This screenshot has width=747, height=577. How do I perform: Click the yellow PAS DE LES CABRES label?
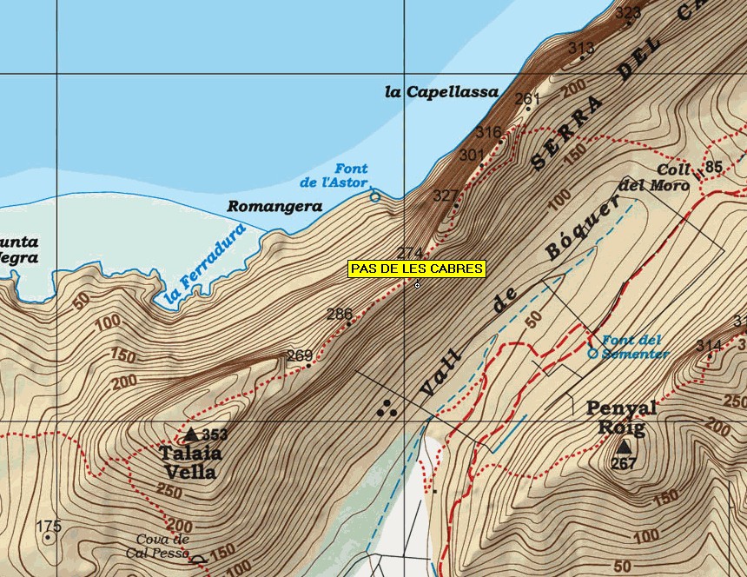(417, 269)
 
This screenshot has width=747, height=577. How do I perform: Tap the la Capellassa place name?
(441, 92)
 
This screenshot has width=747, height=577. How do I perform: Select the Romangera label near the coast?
(274, 207)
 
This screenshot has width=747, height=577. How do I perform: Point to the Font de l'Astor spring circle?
(375, 197)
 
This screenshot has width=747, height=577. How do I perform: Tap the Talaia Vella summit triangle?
(190, 433)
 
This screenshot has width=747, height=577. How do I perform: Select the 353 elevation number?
(215, 434)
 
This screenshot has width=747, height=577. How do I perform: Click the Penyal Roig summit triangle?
(624, 447)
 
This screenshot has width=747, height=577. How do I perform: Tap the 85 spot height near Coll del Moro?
(714, 167)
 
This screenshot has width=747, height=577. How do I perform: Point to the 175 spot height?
(50, 526)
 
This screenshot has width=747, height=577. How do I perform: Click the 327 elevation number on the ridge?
(445, 196)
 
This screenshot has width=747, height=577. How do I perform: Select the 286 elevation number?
(340, 314)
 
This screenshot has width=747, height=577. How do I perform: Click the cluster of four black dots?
(387, 407)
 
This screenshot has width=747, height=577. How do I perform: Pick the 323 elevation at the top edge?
(627, 12)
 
